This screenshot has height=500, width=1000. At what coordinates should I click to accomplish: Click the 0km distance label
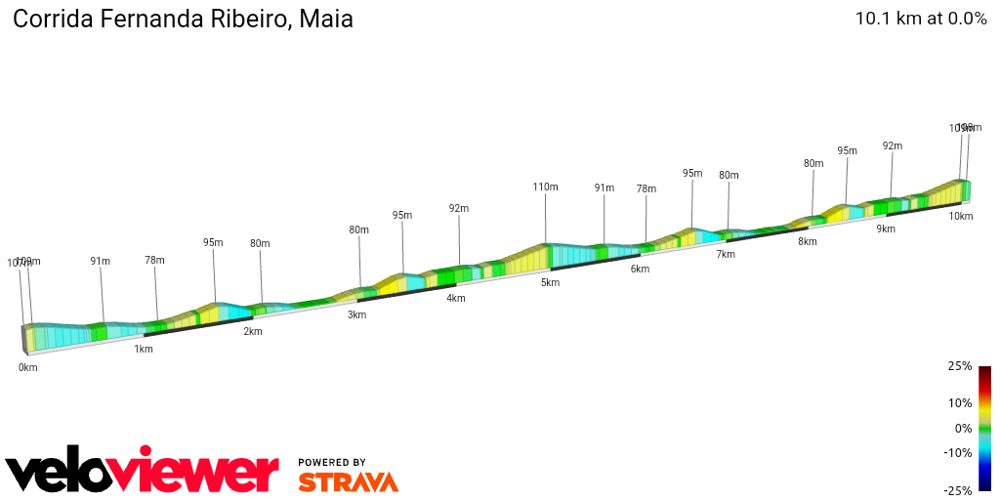(x=27, y=367)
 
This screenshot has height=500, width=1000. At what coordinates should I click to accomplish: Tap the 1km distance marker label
(x=144, y=349)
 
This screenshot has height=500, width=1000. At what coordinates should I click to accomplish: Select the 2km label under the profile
(x=253, y=331)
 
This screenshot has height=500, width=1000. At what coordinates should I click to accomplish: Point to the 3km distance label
(x=357, y=314)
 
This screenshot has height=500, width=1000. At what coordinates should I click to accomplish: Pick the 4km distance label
(x=456, y=298)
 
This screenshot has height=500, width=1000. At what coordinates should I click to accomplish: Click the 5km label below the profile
(x=551, y=282)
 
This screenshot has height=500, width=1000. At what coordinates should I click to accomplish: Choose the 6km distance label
(x=640, y=269)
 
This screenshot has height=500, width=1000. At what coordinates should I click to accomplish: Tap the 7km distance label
(x=726, y=254)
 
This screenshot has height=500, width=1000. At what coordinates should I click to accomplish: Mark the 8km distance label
(x=808, y=241)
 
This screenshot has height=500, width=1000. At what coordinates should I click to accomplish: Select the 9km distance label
(x=886, y=229)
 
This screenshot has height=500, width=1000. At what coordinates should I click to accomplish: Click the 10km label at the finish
(x=961, y=216)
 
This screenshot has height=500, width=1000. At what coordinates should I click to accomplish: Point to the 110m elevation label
(x=545, y=187)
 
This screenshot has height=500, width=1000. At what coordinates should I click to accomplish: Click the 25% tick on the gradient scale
(x=960, y=366)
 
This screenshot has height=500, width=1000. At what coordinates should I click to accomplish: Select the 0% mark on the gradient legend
(x=964, y=428)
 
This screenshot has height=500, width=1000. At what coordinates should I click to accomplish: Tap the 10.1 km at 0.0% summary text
(x=921, y=19)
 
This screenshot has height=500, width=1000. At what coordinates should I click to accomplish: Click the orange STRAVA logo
(x=348, y=481)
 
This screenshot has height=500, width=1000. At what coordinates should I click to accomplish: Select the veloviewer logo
(x=143, y=473)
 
